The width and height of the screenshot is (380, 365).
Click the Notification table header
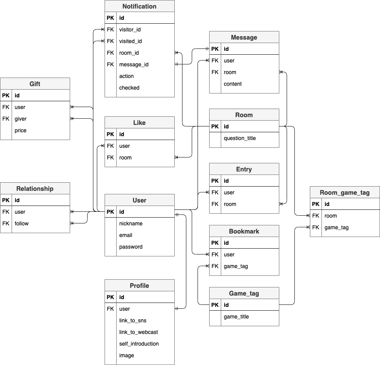coord(139,6)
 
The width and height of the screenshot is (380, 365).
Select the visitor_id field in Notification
coord(130,29)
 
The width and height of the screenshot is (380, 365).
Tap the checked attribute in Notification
coord(129,88)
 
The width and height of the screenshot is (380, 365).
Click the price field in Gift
coord(21,130)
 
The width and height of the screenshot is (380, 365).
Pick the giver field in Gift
coord(21,119)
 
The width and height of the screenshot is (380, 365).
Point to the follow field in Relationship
coord(22,223)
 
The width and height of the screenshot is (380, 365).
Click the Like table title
coord(139,123)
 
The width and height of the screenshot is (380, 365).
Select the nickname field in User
coord(131,223)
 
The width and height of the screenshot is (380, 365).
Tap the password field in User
coord(131,247)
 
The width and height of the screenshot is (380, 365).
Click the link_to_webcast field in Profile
coord(138,332)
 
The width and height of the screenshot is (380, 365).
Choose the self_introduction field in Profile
coord(139,344)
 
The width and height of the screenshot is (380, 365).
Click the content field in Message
coord(232,84)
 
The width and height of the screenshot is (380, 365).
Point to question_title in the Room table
coord(239,138)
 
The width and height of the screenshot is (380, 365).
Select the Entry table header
coord(244,169)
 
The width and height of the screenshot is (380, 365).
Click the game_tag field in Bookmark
coord(236,266)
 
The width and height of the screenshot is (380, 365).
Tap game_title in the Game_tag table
coord(236,317)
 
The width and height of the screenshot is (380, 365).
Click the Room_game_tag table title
coord(345,192)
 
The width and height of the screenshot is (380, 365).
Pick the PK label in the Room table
coord(215,126)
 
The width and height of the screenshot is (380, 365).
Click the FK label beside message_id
coord(110,64)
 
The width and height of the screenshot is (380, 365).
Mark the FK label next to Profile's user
coord(110,309)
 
